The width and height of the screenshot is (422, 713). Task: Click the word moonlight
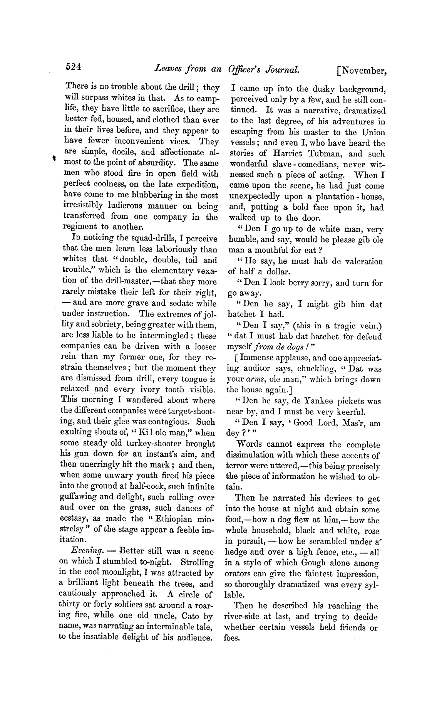(124, 573)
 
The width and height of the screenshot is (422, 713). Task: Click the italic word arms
(255, 380)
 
